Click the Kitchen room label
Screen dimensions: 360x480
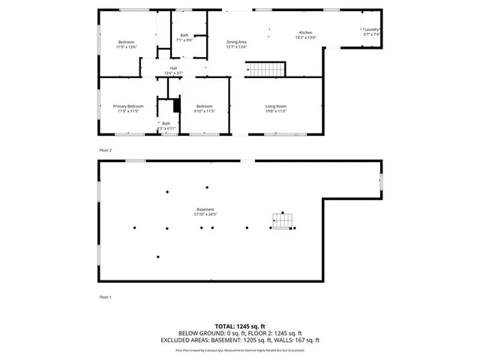[x=305, y=33]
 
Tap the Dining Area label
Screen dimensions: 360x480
[x=237, y=42]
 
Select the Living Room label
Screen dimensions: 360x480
[x=276, y=106]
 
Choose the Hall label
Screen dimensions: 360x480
[x=173, y=68]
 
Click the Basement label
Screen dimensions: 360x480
[x=205, y=209]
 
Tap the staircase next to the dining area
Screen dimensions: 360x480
[x=267, y=70]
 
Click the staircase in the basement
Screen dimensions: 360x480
[x=283, y=222]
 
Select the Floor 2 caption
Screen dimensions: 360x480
[x=106, y=150]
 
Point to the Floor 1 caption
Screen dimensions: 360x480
[x=106, y=298]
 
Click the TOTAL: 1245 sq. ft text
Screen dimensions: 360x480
[x=239, y=326]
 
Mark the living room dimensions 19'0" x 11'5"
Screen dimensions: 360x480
[x=276, y=111]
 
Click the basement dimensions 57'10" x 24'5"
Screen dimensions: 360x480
[x=205, y=214]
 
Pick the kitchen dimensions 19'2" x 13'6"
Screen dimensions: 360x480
[x=305, y=37]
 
